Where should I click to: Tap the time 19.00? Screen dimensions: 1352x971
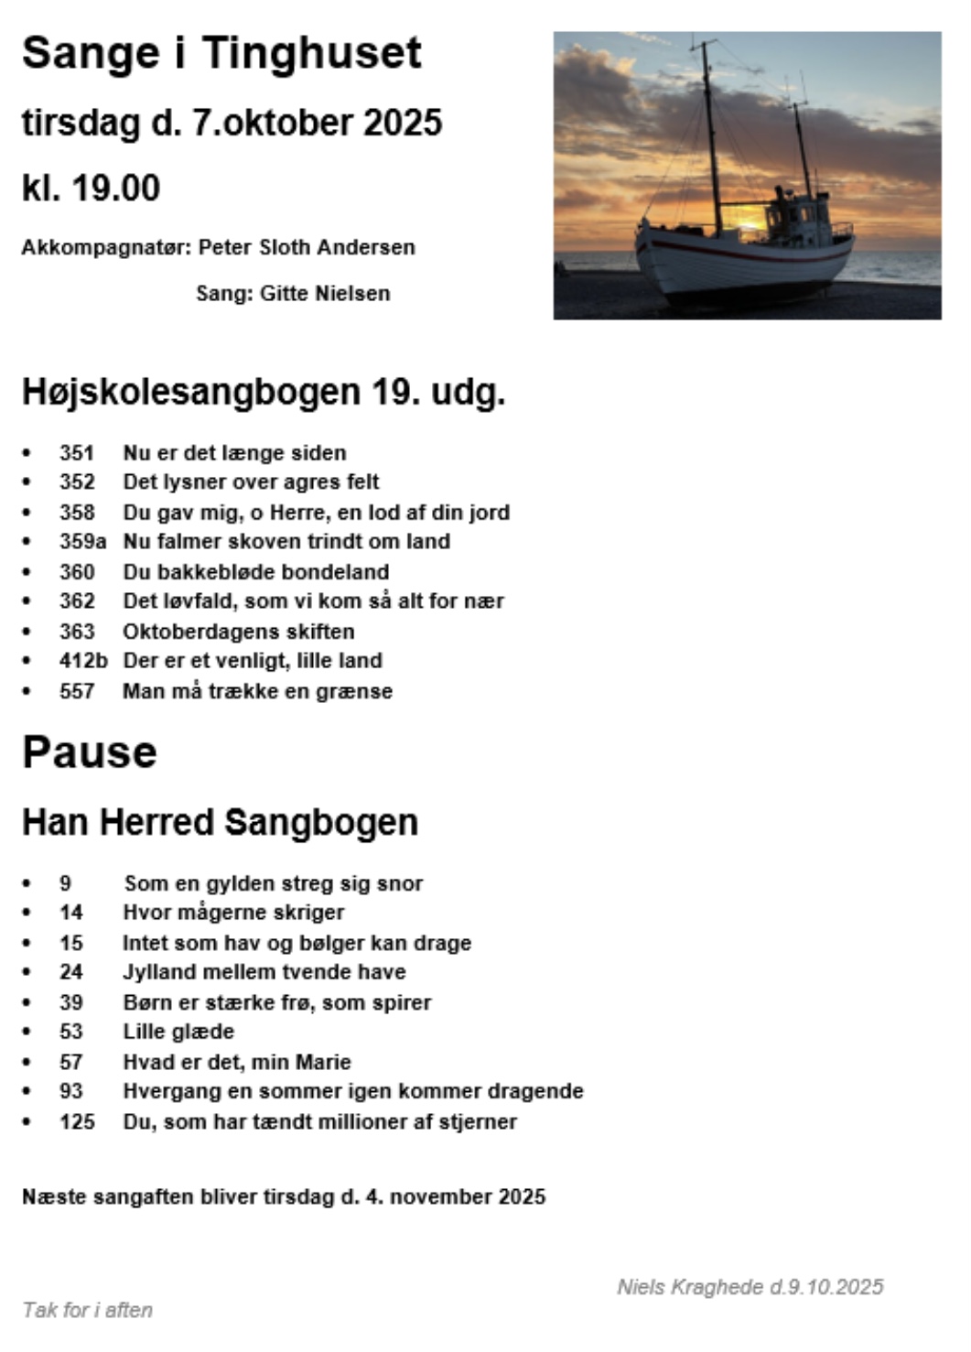(115, 189)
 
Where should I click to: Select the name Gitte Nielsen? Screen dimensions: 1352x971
(325, 294)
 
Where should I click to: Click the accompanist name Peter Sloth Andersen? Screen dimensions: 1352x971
(307, 248)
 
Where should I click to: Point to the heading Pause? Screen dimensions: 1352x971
(90, 752)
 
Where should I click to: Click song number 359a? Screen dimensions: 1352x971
(82, 542)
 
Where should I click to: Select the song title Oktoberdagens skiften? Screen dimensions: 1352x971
(239, 632)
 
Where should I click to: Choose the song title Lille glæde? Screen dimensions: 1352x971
(178, 1032)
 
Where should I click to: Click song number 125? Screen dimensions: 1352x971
(77, 1121)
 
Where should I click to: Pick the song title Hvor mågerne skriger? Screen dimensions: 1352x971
(233, 913)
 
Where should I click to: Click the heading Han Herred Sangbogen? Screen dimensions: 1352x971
(220, 822)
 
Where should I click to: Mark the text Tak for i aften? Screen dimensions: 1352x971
(88, 1310)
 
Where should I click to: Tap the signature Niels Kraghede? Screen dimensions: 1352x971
(690, 1287)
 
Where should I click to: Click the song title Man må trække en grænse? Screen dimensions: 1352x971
(257, 691)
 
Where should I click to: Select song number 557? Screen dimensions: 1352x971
(77, 691)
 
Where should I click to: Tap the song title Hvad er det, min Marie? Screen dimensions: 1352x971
(237, 1062)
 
